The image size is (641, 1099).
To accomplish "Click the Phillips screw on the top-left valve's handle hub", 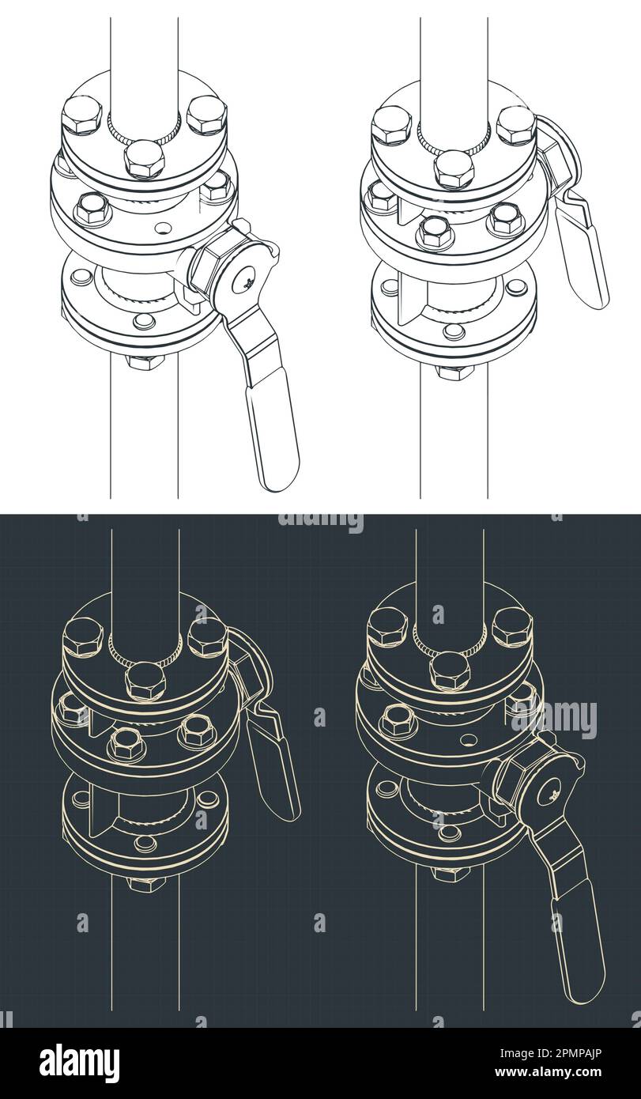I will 247,278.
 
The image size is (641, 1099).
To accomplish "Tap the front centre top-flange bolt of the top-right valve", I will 454,168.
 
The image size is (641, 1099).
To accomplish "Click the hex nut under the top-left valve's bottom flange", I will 145,361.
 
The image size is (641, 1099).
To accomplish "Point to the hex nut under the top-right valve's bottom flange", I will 455,371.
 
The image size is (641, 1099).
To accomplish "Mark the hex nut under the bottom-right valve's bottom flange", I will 451,873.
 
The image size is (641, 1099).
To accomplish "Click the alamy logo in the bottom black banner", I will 79,1063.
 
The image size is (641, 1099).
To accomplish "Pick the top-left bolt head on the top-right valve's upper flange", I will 391,125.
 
